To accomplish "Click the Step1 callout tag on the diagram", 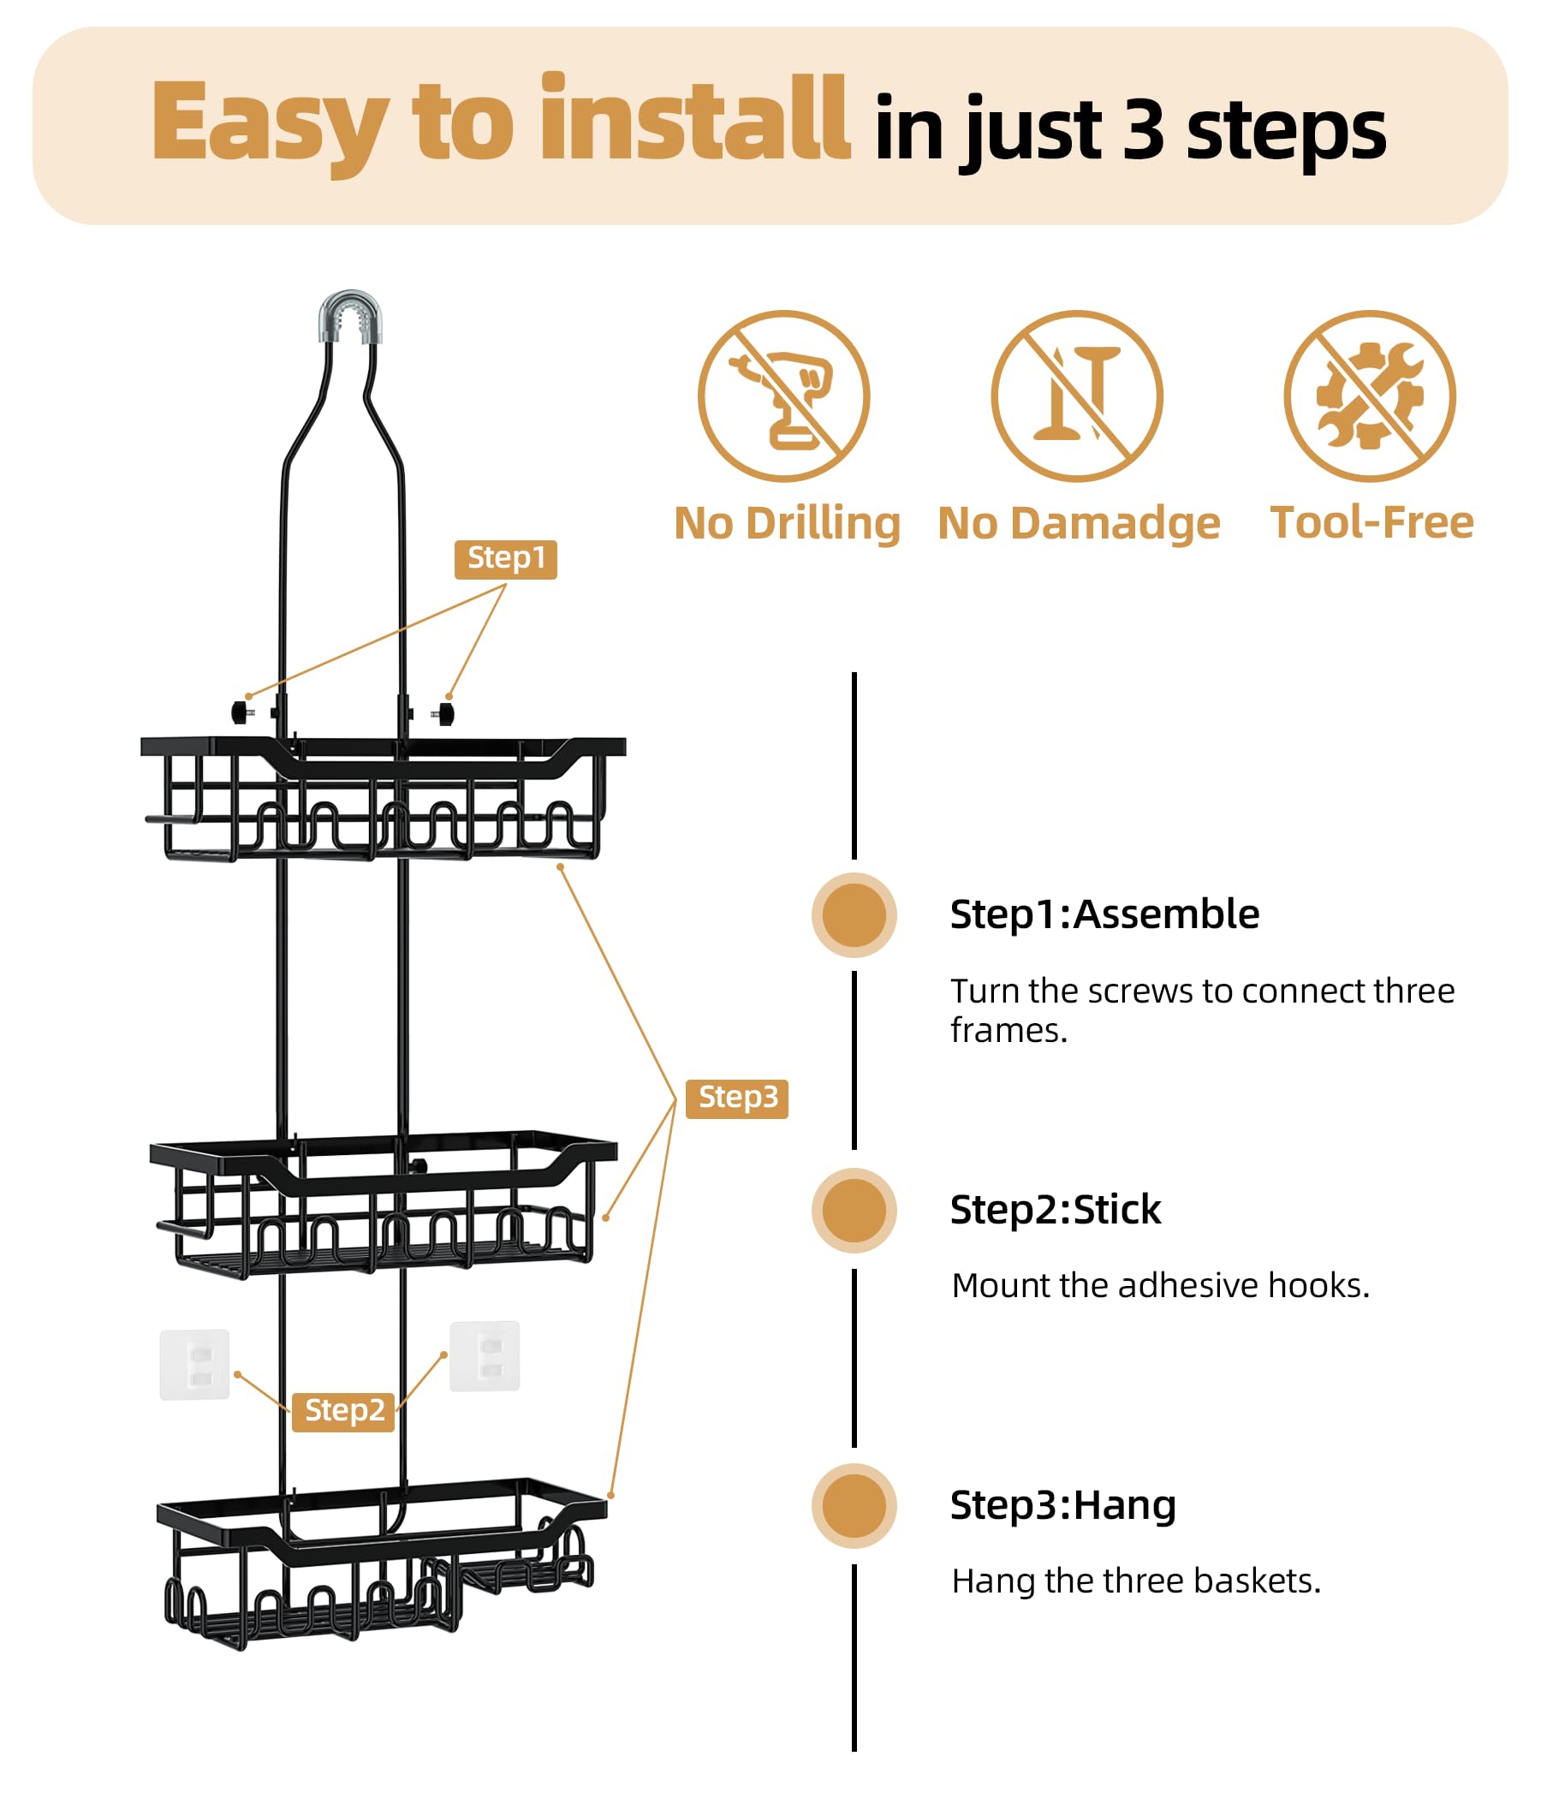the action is [505, 559].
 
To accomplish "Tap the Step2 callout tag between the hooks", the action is [343, 1411].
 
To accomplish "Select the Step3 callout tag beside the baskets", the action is [736, 1098].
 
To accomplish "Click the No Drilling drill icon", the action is [783, 396].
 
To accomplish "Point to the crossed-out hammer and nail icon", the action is [1077, 396].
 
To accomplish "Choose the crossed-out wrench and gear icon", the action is [1370, 396].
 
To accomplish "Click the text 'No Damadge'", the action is [1079, 523].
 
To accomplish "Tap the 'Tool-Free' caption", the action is [1371, 522].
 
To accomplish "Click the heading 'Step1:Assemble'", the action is [1104, 914].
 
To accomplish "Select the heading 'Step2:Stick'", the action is [1055, 1210].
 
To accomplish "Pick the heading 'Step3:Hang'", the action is [1063, 1504].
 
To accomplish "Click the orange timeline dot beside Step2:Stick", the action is [854, 1211].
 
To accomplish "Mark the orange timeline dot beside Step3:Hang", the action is [854, 1505].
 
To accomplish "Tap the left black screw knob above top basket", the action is [240, 713].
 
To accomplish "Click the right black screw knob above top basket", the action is [446, 714].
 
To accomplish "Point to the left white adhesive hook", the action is [194, 1365].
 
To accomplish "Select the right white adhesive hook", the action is [485, 1356].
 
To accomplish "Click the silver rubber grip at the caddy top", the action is [350, 318].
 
